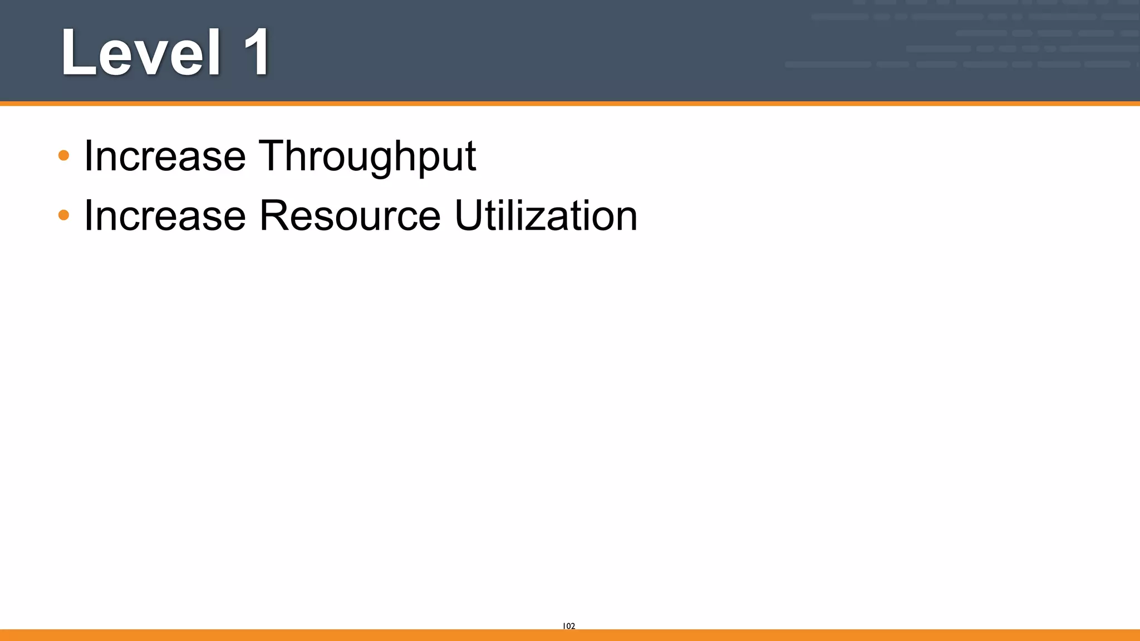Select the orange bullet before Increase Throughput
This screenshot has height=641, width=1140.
click(64, 155)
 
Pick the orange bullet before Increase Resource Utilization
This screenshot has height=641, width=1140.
click(64, 215)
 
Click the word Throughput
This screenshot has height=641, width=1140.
click(367, 156)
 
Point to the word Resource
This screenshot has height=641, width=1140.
click(350, 216)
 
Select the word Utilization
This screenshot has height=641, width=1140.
click(546, 216)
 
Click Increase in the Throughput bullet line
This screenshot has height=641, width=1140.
click(165, 156)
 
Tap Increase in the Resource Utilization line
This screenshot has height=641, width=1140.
click(165, 216)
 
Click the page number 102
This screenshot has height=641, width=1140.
click(569, 626)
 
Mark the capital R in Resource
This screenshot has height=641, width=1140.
click(275, 215)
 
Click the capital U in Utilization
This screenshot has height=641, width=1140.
click(470, 215)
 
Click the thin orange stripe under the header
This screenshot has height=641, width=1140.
click(570, 103)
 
